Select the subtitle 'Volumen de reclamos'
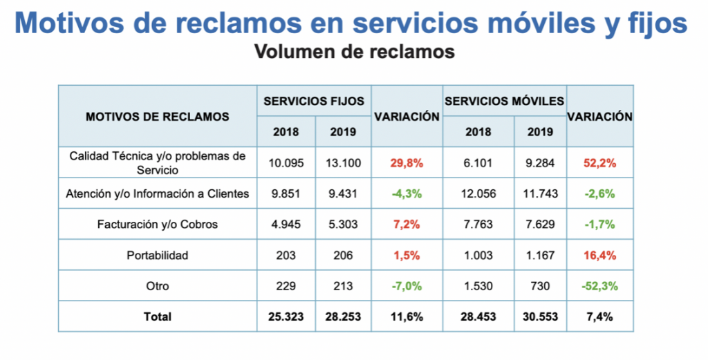coord(355,52)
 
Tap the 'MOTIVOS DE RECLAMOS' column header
coord(158,117)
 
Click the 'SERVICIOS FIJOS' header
coord(314,101)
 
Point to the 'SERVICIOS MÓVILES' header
coord(505,101)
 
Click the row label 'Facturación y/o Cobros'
coord(158,225)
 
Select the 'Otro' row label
coord(158,286)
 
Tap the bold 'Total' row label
coord(158,316)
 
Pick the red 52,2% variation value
coord(599,164)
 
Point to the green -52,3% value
coord(599,286)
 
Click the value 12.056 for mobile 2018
coord(478,194)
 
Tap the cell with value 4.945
coord(286,225)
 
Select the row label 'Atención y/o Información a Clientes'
coord(158,194)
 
